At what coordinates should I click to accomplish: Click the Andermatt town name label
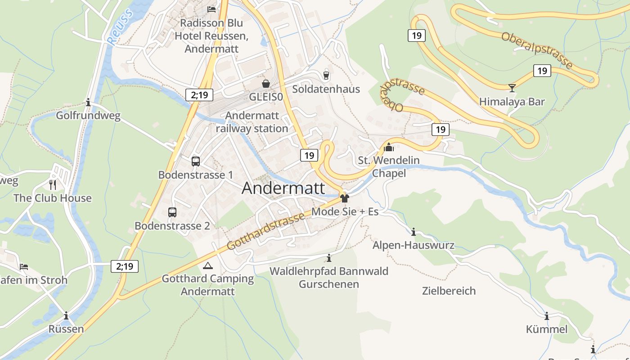click(x=283, y=188)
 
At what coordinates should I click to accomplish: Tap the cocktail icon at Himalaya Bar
click(x=512, y=87)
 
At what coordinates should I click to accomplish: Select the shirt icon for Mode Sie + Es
click(x=345, y=198)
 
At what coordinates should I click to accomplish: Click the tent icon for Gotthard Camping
click(x=207, y=265)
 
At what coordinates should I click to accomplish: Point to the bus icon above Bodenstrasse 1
click(x=195, y=161)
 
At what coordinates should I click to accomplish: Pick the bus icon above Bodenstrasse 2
click(x=172, y=212)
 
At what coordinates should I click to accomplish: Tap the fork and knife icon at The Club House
click(x=53, y=184)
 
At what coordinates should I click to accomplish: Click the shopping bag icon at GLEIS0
click(x=266, y=84)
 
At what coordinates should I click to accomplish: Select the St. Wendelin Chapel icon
click(x=389, y=147)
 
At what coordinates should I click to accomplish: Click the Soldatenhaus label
click(x=326, y=89)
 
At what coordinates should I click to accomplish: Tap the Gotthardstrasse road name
click(x=265, y=232)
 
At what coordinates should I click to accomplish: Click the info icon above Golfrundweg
click(x=88, y=103)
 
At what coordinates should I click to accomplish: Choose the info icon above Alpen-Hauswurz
click(x=414, y=232)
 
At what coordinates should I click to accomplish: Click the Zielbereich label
click(x=449, y=291)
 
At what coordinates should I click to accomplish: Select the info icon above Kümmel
click(x=547, y=316)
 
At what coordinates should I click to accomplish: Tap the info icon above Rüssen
click(x=66, y=315)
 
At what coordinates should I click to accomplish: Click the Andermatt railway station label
click(x=252, y=122)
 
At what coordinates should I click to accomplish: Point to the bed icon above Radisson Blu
click(x=211, y=9)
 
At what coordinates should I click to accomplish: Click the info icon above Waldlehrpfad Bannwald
click(x=329, y=258)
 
